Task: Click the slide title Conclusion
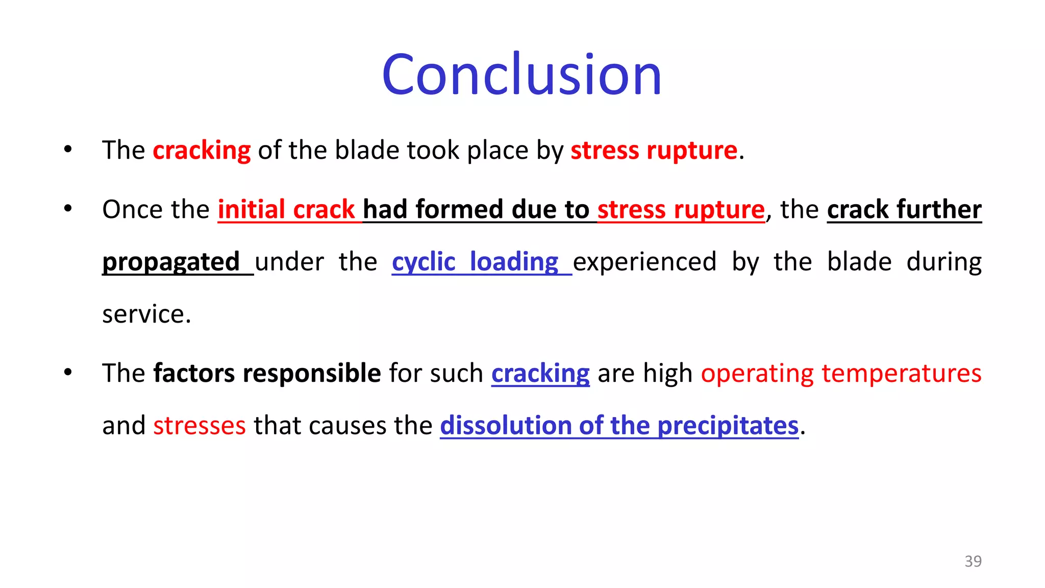(x=521, y=75)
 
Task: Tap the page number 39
(x=973, y=561)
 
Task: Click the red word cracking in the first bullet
(x=202, y=151)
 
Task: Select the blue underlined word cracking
(x=540, y=373)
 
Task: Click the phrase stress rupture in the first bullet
(x=654, y=151)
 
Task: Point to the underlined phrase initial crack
(x=286, y=209)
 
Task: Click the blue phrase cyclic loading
(x=475, y=262)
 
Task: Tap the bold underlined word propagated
(x=171, y=262)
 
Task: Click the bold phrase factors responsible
(x=267, y=373)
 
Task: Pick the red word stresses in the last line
(x=200, y=426)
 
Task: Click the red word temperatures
(x=901, y=373)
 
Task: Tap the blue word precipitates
(x=728, y=426)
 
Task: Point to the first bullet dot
(x=68, y=150)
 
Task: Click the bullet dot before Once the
(x=68, y=209)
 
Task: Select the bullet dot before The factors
(x=68, y=373)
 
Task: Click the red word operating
(x=757, y=373)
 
